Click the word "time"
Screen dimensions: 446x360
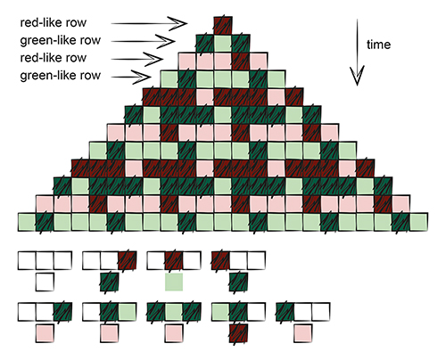[x=378, y=45]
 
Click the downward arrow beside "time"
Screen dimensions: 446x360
[x=357, y=53]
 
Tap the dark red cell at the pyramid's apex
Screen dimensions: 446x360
[x=223, y=26]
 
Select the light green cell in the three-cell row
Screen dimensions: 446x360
[x=223, y=44]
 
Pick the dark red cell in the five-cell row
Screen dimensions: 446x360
[x=241, y=61]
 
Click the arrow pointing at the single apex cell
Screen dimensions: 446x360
[x=149, y=23]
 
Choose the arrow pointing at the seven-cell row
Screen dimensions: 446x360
[x=131, y=77]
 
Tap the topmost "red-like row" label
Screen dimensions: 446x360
[x=54, y=23]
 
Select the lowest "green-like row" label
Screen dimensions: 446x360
[x=61, y=76]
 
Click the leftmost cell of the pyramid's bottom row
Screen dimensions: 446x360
[x=27, y=222]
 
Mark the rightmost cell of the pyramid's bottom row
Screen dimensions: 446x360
[x=419, y=222]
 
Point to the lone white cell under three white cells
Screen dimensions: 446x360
[x=45, y=282]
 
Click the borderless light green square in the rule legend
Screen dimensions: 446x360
[x=174, y=282]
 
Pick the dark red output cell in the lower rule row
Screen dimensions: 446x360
[x=238, y=333]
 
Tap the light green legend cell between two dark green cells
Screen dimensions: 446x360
[x=174, y=312]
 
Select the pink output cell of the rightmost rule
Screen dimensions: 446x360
[x=303, y=333]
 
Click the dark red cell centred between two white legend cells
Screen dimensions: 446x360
[x=174, y=260]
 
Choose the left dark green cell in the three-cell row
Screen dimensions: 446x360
[x=205, y=44]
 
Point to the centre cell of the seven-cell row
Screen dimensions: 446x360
[x=223, y=79]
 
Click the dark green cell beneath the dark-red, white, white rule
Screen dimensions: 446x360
[x=238, y=282]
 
